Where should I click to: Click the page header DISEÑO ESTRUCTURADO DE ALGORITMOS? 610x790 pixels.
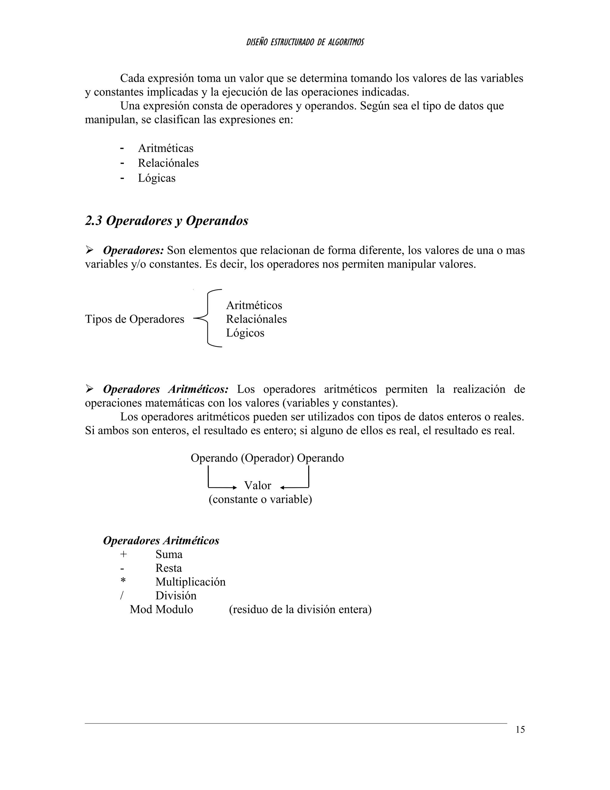coord(305,42)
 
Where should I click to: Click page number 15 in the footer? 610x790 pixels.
coord(520,729)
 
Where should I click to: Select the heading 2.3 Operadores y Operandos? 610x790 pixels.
coord(166,221)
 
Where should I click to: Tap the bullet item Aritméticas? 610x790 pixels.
coord(166,148)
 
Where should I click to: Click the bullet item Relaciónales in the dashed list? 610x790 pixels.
coord(168,163)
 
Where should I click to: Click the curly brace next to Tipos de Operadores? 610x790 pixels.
coord(208,319)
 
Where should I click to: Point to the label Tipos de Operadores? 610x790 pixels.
coord(134,319)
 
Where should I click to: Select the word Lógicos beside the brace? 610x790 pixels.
coord(245,333)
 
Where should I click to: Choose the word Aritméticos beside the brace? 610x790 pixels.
coord(254,305)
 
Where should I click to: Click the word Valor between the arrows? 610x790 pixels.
coord(257,485)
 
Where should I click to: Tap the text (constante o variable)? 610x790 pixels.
coord(260,500)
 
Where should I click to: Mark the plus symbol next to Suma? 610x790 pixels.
coord(123,554)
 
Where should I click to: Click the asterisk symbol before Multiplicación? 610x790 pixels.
coord(123,581)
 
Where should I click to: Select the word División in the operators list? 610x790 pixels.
coord(176,596)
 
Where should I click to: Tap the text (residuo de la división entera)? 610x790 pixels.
coord(300,610)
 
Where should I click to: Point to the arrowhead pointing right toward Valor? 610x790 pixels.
coord(234,488)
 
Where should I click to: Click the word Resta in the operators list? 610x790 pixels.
coord(168,568)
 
